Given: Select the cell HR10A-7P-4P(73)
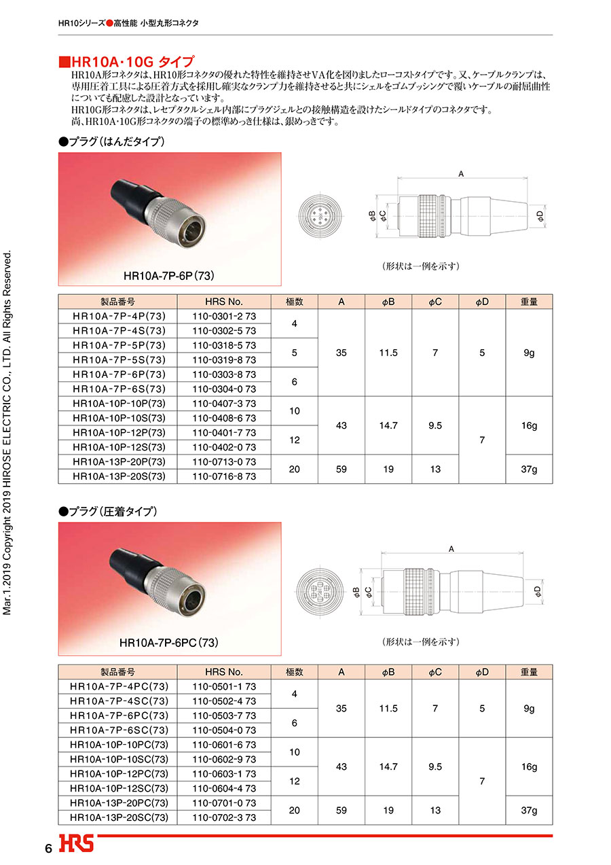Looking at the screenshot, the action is (118, 316).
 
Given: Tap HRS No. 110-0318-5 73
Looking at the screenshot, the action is (224, 345).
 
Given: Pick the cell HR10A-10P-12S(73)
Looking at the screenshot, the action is (118, 447).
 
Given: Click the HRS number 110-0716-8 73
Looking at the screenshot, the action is (224, 476).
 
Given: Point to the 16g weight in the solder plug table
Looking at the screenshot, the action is (529, 425).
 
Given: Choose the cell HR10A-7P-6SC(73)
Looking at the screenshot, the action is (118, 730).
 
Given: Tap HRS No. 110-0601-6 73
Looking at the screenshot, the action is (224, 745).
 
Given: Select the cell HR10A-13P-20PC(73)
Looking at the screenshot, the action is (118, 803).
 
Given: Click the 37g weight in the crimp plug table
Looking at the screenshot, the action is (529, 810).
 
